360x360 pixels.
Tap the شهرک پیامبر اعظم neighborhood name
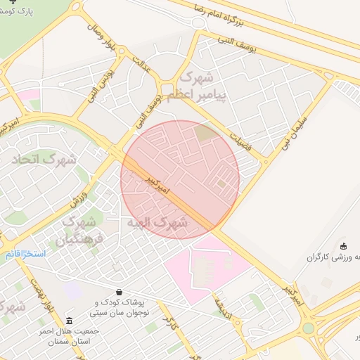[x=203, y=85]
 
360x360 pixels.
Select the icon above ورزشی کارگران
[x=343, y=246]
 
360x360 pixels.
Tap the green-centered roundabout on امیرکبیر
[x=309, y=328]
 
